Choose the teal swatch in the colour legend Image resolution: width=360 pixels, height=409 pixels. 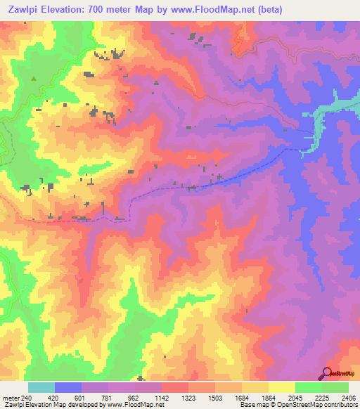tap(41, 387)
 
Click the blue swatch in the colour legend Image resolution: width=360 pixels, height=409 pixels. tap(68, 387)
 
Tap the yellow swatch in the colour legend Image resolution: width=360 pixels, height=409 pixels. tap(281, 387)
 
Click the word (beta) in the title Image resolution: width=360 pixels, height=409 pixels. tap(293, 9)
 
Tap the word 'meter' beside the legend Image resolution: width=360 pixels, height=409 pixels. tap(10, 397)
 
